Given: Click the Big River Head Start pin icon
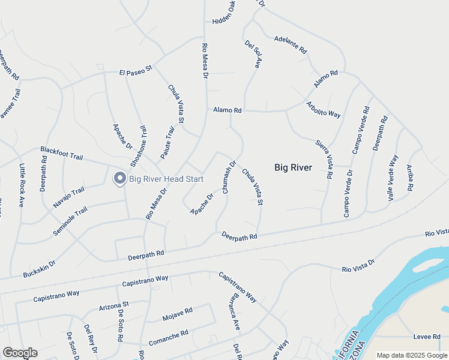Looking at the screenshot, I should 119,178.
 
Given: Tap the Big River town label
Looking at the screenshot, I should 293,167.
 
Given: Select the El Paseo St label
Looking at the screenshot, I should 136,73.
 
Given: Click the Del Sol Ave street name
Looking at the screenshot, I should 252,54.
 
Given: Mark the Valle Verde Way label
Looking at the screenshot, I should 393,178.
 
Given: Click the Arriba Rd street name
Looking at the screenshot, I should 410,178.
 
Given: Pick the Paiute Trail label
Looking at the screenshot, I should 167,142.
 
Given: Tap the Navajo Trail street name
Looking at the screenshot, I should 68,197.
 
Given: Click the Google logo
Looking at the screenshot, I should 20,353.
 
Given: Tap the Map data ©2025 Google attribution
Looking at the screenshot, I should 411,355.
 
